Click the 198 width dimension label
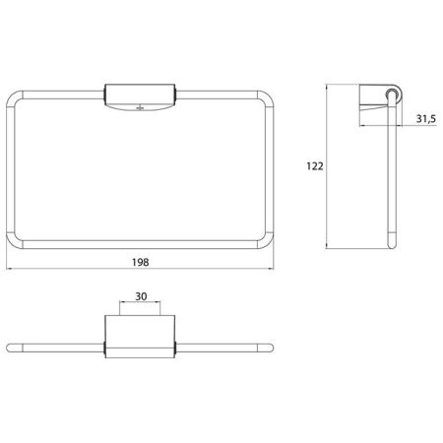141,262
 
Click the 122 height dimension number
315,166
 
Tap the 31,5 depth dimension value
426,119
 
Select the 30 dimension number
141,296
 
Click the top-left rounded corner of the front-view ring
12,96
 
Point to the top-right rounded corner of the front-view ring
269,96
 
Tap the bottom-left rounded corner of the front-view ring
12,243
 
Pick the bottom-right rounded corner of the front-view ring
269,243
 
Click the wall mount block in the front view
140,97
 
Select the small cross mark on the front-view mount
140,107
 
